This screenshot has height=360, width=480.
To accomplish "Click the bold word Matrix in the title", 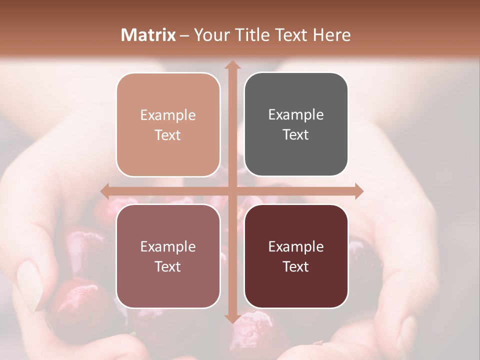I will [148, 35].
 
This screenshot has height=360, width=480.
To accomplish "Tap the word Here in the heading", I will [332, 35].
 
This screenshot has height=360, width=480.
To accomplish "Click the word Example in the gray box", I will [296, 114].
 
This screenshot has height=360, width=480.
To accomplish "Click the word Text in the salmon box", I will [168, 135].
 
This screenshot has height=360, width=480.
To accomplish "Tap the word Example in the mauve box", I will [168, 246].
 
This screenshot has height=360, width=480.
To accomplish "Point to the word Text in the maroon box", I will [296, 266].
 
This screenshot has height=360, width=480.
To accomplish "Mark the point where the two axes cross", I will [232, 191].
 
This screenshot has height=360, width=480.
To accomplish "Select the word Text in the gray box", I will [296, 135].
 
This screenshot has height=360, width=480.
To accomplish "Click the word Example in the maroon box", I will [296, 246].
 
